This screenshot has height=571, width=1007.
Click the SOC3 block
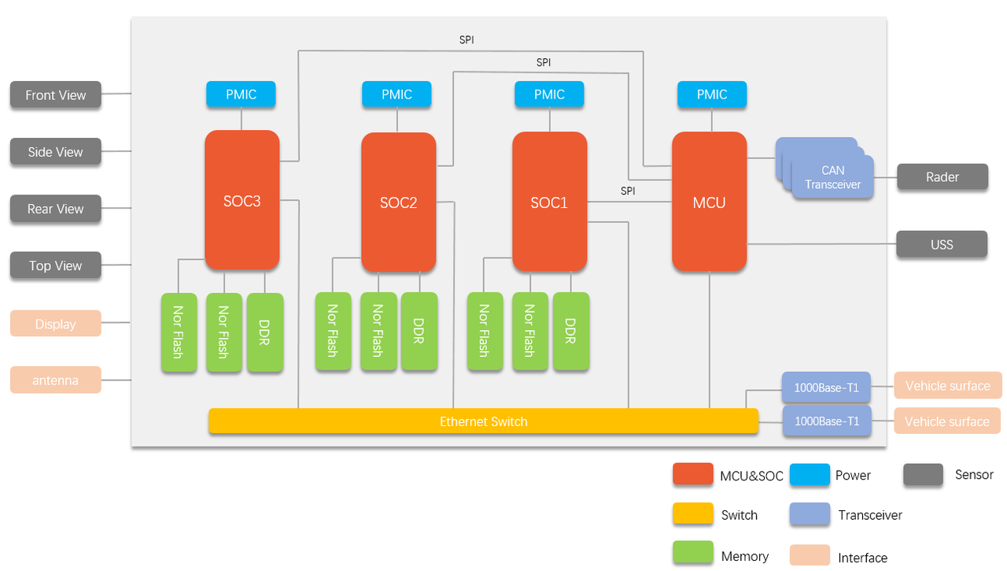pyautogui.click(x=242, y=200)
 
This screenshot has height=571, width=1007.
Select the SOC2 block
pyautogui.click(x=398, y=202)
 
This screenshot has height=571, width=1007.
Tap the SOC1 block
pyautogui.click(x=549, y=202)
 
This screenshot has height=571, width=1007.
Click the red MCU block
pyautogui.click(x=709, y=202)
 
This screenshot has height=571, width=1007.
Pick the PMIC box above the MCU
pyautogui.click(x=712, y=95)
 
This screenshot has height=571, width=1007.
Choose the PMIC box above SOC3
pyautogui.click(x=241, y=95)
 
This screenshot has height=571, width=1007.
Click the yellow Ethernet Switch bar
pyautogui.click(x=483, y=421)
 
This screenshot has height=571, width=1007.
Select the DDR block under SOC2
pyautogui.click(x=419, y=331)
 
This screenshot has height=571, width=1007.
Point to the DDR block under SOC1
pyautogui.click(x=570, y=331)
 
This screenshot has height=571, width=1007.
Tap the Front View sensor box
pyautogui.click(x=55, y=95)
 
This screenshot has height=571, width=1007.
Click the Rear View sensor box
pyautogui.click(x=55, y=209)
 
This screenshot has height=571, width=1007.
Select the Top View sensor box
pyautogui.click(x=55, y=265)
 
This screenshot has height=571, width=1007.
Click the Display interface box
pyautogui.click(x=55, y=324)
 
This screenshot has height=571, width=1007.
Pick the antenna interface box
pyautogui.click(x=55, y=380)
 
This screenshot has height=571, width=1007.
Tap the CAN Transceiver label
pyautogui.click(x=832, y=177)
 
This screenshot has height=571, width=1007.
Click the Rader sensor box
pyautogui.click(x=942, y=177)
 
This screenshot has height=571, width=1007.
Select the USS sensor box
pyautogui.click(x=942, y=244)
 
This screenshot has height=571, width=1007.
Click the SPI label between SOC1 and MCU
pyautogui.click(x=628, y=191)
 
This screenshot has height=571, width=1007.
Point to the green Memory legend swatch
pyautogui.click(x=693, y=554)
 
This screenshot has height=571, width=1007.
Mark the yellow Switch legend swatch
pyautogui.click(x=693, y=514)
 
